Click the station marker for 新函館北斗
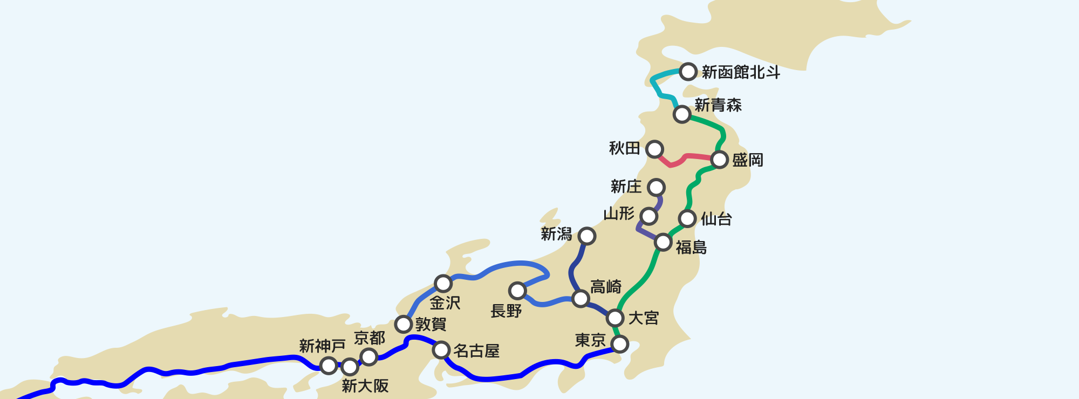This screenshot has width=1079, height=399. [x=688, y=71]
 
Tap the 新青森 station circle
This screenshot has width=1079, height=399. [x=682, y=114]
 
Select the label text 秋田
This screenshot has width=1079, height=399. [x=624, y=148]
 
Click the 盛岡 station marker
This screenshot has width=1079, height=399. [x=720, y=160]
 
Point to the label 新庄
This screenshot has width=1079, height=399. [x=626, y=187]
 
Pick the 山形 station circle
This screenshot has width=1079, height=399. [x=648, y=216]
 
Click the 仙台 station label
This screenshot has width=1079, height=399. [x=716, y=219]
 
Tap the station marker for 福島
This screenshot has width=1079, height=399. [x=663, y=242]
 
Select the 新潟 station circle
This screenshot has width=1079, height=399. [x=586, y=236]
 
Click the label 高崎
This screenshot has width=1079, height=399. [x=606, y=286]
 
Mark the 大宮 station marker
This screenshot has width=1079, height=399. [x=615, y=318]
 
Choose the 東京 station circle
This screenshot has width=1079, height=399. [x=620, y=343]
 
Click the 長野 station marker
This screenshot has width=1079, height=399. [x=517, y=291]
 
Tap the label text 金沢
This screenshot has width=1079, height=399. [x=445, y=303]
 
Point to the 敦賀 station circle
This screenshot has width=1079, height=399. [x=403, y=324]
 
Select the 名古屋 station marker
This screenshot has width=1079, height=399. [x=441, y=350]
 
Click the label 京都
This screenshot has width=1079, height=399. [x=370, y=338]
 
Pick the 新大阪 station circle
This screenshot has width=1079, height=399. [x=350, y=367]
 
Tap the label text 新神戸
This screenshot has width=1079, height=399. [x=322, y=346]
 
